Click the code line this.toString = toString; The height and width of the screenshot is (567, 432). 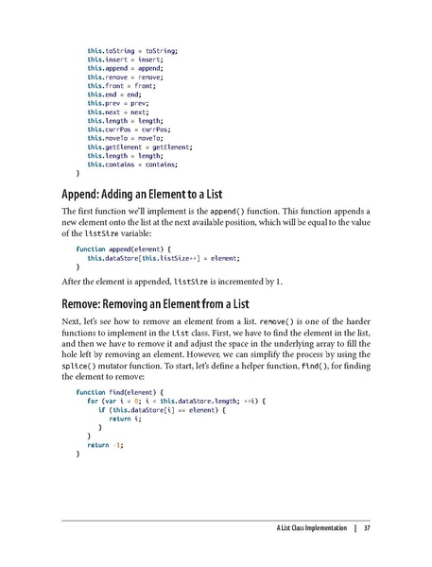[x=132, y=49]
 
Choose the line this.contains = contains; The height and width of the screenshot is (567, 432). [x=132, y=164]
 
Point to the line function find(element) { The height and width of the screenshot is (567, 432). [x=117, y=391]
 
